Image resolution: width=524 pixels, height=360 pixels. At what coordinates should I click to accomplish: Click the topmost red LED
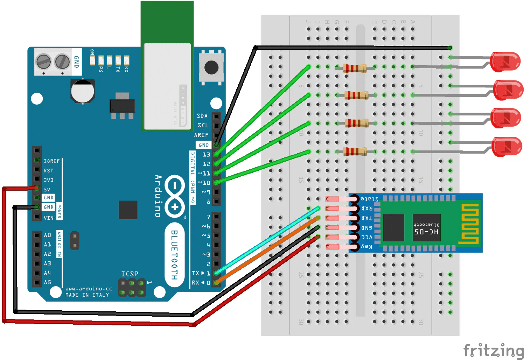[x=505, y=62]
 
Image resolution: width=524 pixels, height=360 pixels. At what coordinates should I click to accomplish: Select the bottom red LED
[x=506, y=147]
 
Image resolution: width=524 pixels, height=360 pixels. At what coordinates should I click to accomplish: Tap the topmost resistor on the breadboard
[x=355, y=68]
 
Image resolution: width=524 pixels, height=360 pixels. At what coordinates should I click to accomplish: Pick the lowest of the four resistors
[x=355, y=151]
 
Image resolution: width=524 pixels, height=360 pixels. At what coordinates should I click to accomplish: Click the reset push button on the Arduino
[x=211, y=67]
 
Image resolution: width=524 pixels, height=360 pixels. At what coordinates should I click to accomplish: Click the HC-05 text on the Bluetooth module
[x=426, y=232]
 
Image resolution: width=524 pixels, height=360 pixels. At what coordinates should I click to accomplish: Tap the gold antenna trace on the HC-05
[x=469, y=224]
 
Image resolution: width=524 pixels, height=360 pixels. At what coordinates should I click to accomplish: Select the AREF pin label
[x=201, y=135]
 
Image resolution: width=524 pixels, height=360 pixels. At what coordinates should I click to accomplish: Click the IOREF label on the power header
[x=51, y=161]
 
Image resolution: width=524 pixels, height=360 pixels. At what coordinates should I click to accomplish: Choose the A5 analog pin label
[x=48, y=282]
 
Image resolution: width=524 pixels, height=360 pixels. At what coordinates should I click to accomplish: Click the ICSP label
[x=130, y=274]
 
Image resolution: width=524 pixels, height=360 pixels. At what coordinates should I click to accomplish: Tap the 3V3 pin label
[x=49, y=180]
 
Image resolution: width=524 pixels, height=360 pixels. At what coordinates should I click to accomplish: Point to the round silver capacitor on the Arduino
[x=83, y=91]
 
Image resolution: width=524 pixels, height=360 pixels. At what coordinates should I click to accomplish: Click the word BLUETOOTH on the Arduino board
[x=174, y=255]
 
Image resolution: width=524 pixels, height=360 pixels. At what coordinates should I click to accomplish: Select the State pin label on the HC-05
[x=370, y=199]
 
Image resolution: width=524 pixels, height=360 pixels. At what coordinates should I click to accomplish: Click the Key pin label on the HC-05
[x=366, y=246]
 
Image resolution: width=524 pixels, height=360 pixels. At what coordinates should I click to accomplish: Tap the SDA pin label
[x=202, y=116]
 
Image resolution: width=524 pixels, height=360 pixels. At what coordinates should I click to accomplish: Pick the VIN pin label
[x=49, y=218]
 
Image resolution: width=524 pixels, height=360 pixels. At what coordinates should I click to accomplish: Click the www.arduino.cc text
[x=89, y=289]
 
